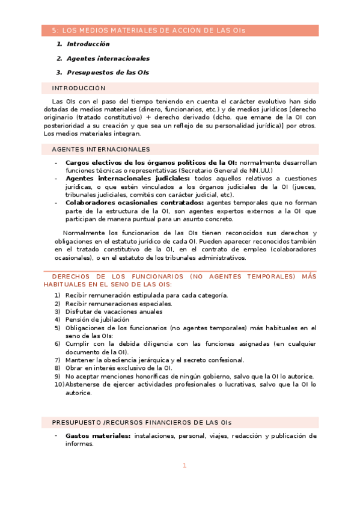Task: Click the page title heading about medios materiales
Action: tap(148, 30)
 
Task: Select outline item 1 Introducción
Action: tap(88, 45)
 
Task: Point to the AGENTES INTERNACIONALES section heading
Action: tap(101, 149)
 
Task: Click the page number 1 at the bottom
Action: tap(185, 465)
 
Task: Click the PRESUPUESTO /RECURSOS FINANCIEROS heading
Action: tap(141, 422)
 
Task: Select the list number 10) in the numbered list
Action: tap(59, 384)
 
